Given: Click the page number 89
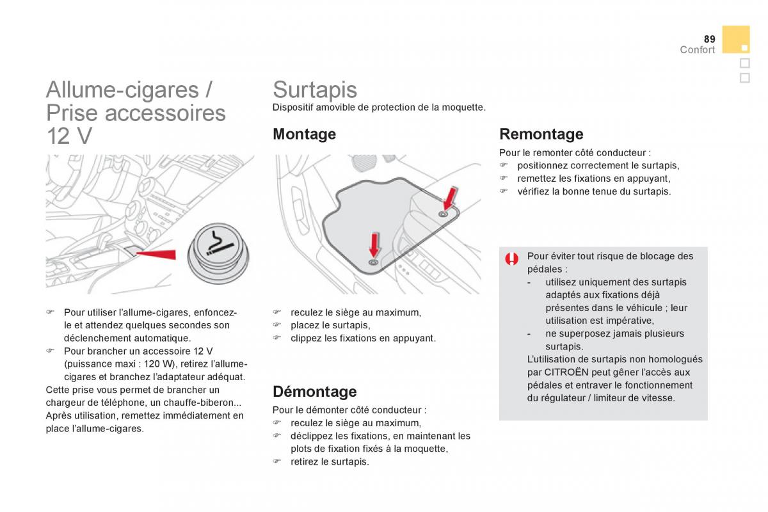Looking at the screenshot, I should point(709,39).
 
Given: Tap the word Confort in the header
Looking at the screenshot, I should point(697,50).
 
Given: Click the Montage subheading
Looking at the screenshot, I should point(304,134).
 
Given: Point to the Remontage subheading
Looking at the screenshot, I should point(541,134).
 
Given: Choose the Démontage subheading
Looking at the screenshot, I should point(314,391).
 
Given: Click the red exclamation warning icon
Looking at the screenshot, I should point(511,259).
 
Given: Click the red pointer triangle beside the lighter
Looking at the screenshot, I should point(157,254).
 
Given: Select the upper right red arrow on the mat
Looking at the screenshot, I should point(450,198).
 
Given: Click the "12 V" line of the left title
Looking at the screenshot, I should point(69,136).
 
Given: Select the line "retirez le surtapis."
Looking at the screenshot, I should point(330,461).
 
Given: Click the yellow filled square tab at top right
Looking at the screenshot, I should point(736,39).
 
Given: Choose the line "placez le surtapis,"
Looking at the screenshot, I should point(330,325).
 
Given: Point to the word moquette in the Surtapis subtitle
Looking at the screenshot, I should point(463,108).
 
